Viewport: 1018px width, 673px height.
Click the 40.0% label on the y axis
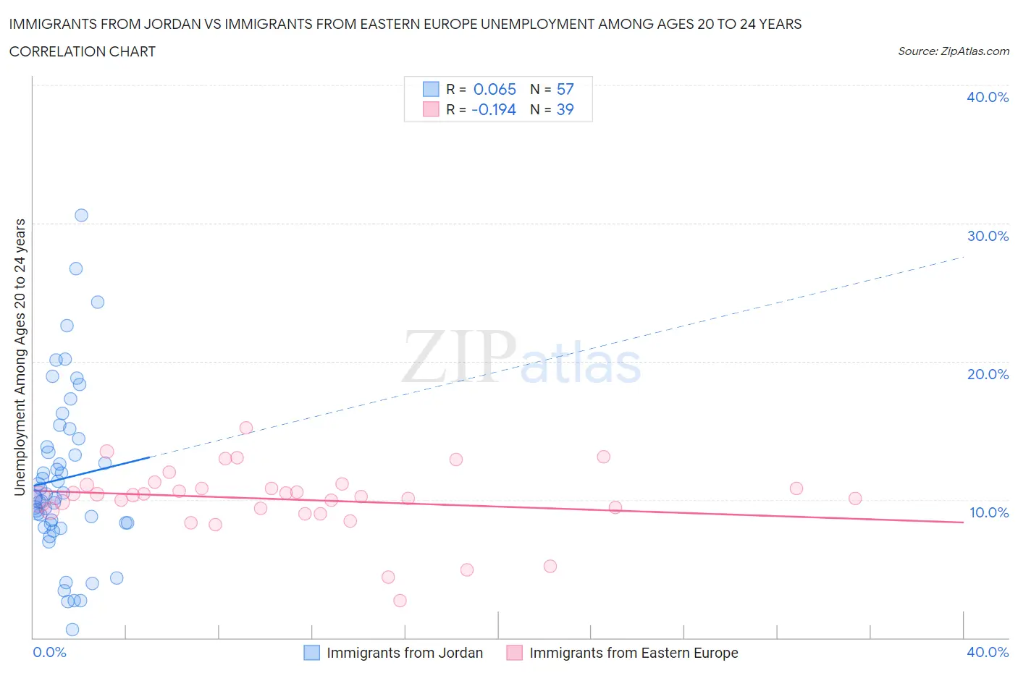[x=987, y=97]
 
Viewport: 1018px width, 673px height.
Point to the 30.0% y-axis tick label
[x=987, y=236]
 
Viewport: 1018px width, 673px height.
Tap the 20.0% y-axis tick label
[x=987, y=374]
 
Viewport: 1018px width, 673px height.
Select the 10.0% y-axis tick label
[x=988, y=512]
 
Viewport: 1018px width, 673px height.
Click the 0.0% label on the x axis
[x=49, y=652]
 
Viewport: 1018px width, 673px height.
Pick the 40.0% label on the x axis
[x=987, y=652]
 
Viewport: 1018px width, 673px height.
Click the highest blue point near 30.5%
[x=81, y=215]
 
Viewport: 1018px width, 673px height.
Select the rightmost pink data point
[x=854, y=498]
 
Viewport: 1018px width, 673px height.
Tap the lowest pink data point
[x=400, y=600]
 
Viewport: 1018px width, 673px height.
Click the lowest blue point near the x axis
[x=72, y=630]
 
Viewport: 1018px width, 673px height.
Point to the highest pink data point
[x=245, y=428]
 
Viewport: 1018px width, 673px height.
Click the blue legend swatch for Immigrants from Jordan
[x=311, y=653]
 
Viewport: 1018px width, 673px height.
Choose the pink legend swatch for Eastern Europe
[x=514, y=653]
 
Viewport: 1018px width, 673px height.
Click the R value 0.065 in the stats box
[x=495, y=89]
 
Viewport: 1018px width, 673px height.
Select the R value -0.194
[x=493, y=109]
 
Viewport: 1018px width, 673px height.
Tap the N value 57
[x=565, y=89]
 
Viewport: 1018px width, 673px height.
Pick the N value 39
[x=565, y=109]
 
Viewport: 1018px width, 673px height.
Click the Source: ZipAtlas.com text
[x=953, y=51]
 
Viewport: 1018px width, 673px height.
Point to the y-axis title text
[x=20, y=357]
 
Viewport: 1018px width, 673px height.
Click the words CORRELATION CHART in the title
[x=83, y=51]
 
